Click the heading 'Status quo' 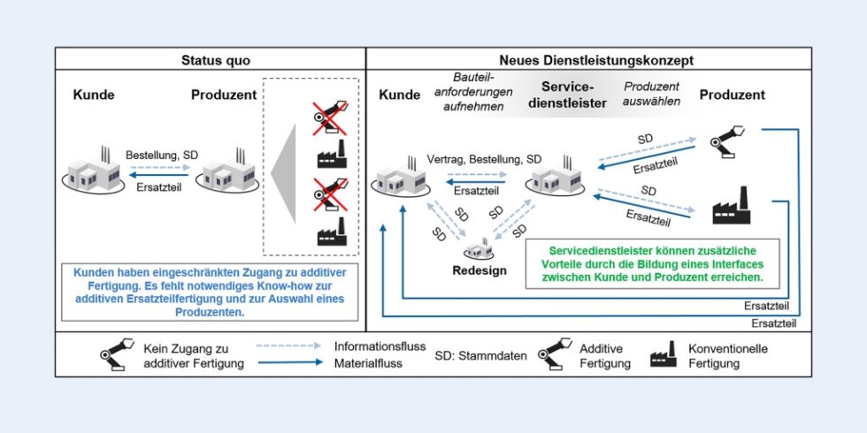(x=211, y=61)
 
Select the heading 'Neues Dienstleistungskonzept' (x=587, y=61)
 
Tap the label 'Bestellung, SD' (x=161, y=155)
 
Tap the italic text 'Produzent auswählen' (x=652, y=94)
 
